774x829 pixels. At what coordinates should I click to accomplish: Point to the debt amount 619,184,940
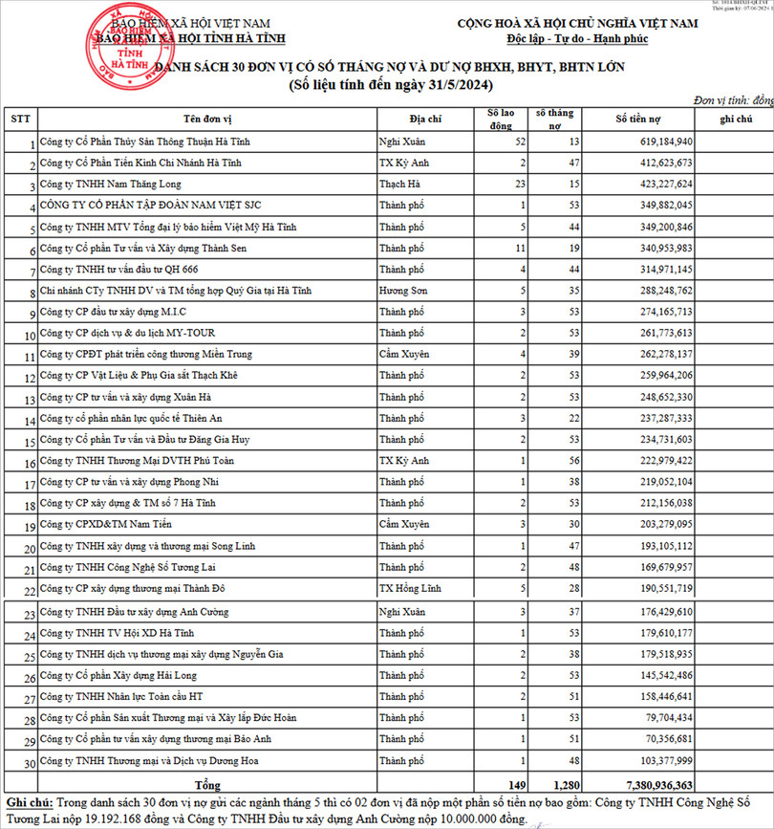pos(655,142)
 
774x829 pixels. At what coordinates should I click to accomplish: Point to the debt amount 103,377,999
pos(655,760)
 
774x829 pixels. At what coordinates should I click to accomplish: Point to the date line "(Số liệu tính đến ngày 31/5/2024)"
pos(391,86)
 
